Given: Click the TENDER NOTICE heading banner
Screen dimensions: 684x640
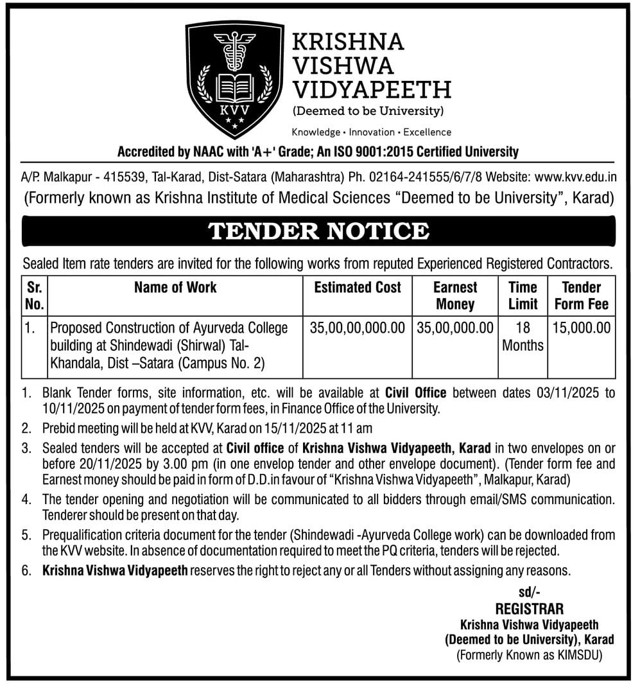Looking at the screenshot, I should [319, 231].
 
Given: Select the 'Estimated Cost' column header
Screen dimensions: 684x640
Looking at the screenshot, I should [358, 287].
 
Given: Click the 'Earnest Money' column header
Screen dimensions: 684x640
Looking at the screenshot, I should [455, 295].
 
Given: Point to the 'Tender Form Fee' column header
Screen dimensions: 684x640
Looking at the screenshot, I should [581, 295].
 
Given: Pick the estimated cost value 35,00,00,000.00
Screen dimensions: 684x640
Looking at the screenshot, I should [358, 328].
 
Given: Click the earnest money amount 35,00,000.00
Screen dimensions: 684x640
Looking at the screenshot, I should [455, 328].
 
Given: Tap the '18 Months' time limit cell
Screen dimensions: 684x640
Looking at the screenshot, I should [523, 337].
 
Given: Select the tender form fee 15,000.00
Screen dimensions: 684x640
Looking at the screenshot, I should [581, 328].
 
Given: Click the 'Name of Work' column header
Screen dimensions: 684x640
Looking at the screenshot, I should [175, 287].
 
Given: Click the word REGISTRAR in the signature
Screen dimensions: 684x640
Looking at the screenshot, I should [529, 608].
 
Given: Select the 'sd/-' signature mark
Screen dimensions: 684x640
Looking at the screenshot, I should [529, 593].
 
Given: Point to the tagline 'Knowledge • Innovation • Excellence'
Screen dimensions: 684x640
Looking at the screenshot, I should [372, 132].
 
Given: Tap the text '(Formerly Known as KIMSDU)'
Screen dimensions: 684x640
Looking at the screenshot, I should [529, 655].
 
